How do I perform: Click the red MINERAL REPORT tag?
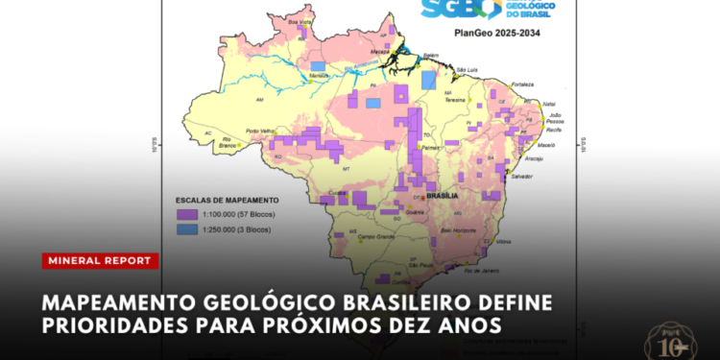[x=100, y=260]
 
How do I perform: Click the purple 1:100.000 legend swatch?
[x=186, y=216]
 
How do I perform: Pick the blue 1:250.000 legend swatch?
[x=186, y=229]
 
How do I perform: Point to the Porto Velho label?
[x=261, y=131]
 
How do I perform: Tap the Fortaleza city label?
[x=524, y=84]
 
